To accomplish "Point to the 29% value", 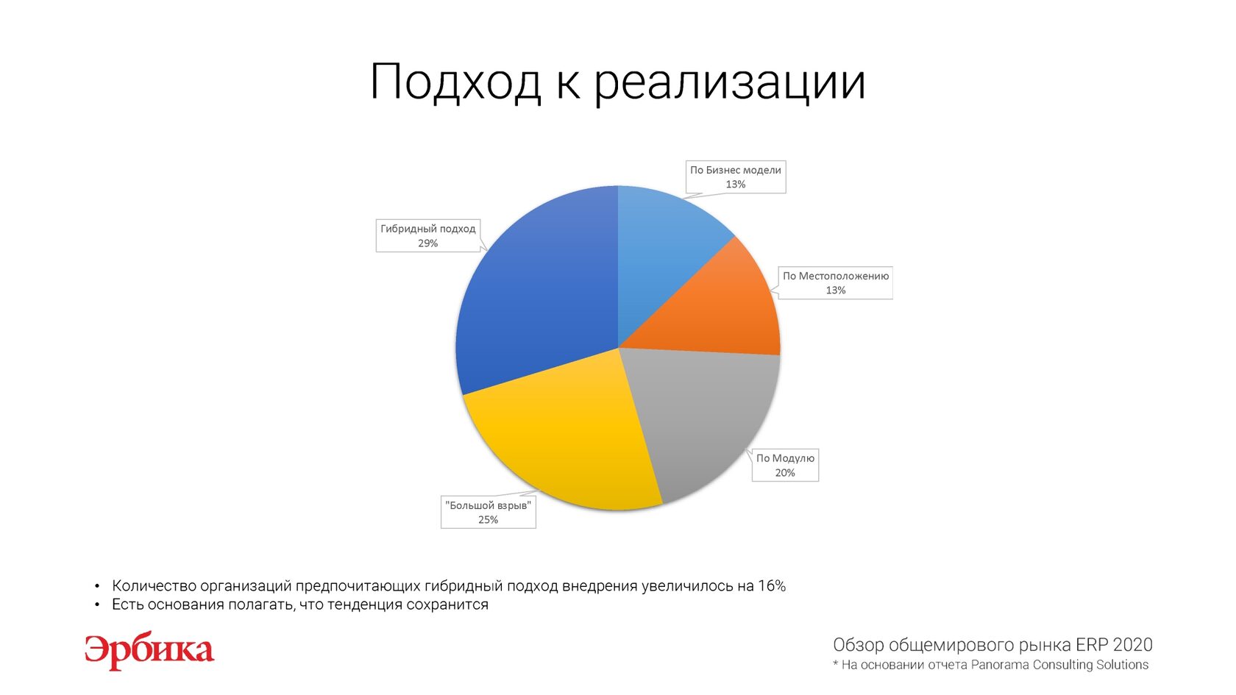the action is tap(427, 243).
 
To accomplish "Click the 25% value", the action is tap(489, 519).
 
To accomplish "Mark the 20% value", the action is tap(785, 473).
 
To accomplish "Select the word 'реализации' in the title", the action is tap(730, 84).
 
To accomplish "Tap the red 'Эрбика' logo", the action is tap(149, 651).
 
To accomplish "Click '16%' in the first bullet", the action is tap(771, 585).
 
